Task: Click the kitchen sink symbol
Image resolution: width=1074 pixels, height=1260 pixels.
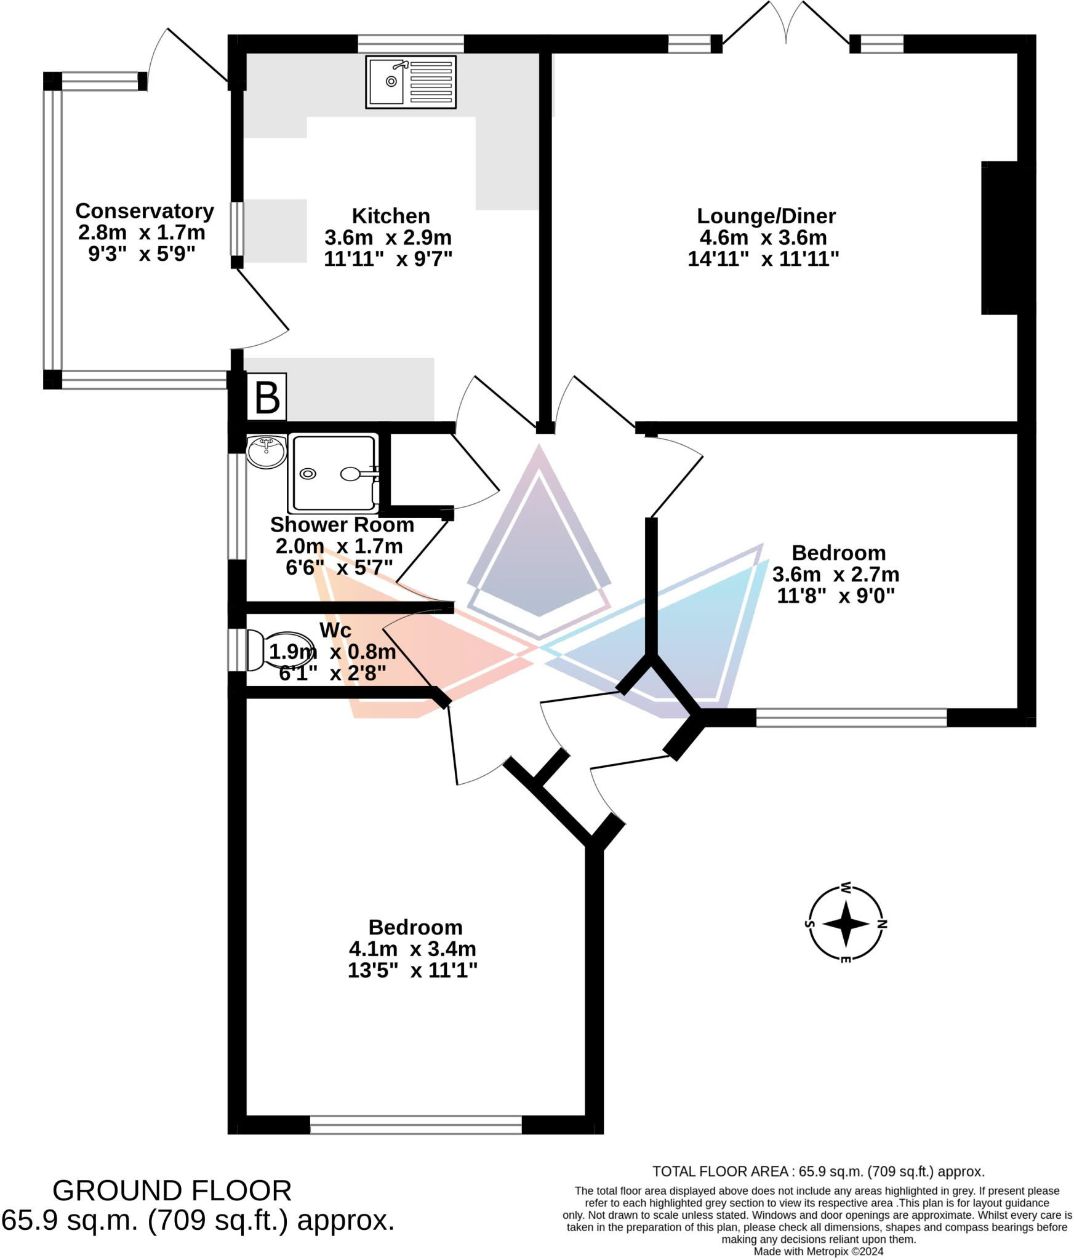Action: click(x=411, y=82)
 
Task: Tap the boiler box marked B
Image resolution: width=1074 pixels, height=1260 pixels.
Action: click(x=266, y=397)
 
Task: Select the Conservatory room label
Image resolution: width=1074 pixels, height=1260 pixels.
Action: click(x=145, y=211)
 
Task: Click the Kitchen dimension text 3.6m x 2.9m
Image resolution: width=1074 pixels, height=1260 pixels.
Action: click(x=388, y=237)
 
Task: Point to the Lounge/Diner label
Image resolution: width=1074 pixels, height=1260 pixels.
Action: click(x=766, y=216)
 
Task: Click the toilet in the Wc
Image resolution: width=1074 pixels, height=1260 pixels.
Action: click(x=281, y=650)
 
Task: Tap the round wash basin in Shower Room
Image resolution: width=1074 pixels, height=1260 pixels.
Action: click(x=266, y=452)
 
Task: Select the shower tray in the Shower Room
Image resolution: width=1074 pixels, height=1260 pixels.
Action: click(x=333, y=473)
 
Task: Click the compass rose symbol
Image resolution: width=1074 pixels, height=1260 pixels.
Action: click(x=846, y=923)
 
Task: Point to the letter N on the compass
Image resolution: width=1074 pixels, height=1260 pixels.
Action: click(x=882, y=923)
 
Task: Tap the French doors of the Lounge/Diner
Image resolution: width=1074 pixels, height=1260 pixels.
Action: click(x=786, y=25)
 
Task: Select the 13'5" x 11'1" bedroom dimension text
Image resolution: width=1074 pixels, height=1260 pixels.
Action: click(x=412, y=970)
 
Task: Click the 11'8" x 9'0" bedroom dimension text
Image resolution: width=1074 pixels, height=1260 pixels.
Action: click(x=835, y=596)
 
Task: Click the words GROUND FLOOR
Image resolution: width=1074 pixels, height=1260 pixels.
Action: click(x=172, y=1191)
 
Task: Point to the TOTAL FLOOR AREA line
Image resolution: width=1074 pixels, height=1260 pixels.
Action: click(x=818, y=1171)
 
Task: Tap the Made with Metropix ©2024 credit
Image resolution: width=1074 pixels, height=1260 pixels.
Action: click(x=818, y=1251)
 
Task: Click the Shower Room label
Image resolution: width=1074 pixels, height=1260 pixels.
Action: click(x=342, y=525)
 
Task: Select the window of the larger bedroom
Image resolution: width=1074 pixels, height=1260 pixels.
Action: click(x=415, y=1125)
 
